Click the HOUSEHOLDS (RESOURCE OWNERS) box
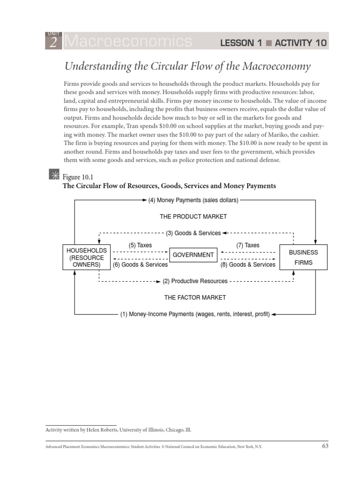pyautogui.click(x=87, y=257)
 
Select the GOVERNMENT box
pyautogui.click(x=193, y=255)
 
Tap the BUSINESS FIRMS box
pyautogui.click(x=303, y=257)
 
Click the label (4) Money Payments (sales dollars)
pyautogui.click(x=193, y=200)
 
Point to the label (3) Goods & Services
pyautogui.click(x=193, y=233)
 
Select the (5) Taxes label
pyautogui.click(x=140, y=245)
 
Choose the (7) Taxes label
pyautogui.click(x=247, y=245)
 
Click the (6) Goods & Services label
pyautogui.click(x=140, y=265)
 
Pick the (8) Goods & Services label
pyautogui.click(x=247, y=265)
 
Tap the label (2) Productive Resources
pyautogui.click(x=195, y=281)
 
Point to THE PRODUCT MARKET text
pyautogui.click(x=193, y=217)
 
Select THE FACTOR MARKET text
pyautogui.click(x=195, y=297)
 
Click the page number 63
pyautogui.click(x=325, y=446)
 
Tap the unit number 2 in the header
pyautogui.click(x=52, y=43)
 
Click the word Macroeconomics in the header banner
pyautogui.click(x=128, y=42)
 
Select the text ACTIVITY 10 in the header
pyautogui.click(x=300, y=43)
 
